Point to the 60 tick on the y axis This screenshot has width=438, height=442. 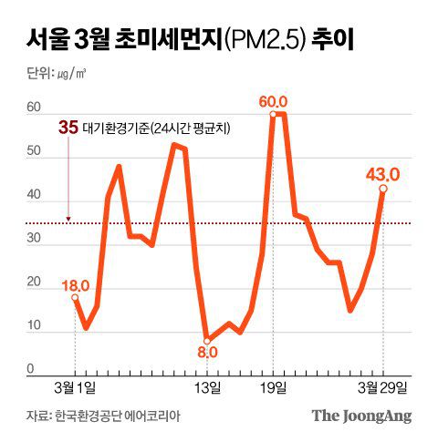34,108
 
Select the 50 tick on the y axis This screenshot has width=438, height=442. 34,151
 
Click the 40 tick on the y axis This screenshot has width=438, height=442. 34,195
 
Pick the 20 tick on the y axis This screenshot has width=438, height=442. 34,283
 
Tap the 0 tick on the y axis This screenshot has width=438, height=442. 30,369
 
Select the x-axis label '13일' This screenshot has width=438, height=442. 207,389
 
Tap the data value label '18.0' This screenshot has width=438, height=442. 76,285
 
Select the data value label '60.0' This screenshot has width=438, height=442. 274,102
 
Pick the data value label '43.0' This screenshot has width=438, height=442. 382,173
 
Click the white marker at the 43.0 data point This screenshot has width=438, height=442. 382,189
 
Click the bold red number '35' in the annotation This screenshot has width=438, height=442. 67,128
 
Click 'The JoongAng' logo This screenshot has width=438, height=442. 362,416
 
